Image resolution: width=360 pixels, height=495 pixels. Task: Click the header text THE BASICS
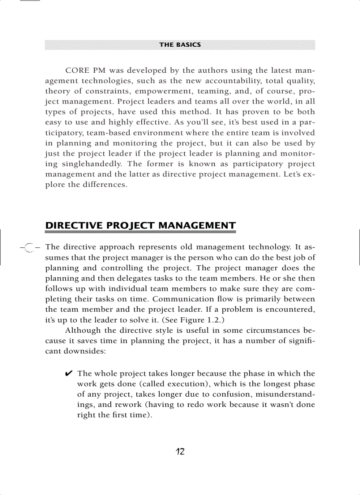tap(180, 45)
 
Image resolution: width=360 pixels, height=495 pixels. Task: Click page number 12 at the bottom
tap(180, 452)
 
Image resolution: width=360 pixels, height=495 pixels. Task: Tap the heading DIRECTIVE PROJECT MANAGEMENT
tap(140, 226)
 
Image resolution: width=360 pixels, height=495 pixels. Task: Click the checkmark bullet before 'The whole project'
tap(69, 374)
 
